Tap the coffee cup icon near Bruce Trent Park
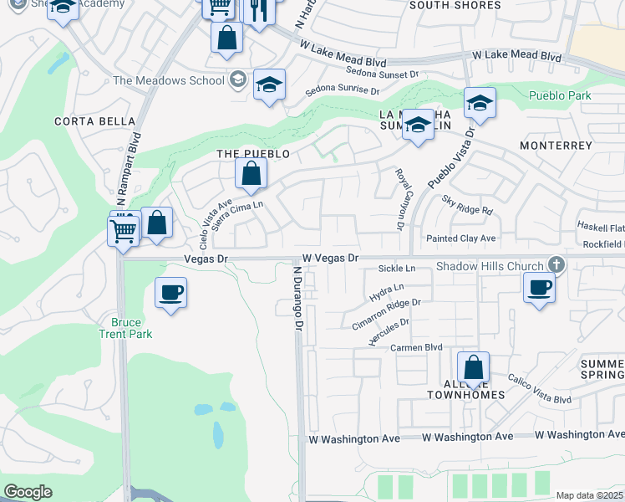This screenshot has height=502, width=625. click(x=170, y=293)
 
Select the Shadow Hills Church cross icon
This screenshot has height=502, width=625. click(x=553, y=265)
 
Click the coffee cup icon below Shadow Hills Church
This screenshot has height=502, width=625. click(x=539, y=288)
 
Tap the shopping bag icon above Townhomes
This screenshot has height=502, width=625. click(x=473, y=366)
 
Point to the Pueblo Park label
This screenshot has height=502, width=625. click(x=560, y=95)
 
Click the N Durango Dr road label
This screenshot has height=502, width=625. click(x=297, y=298)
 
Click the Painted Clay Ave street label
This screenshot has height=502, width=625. click(x=460, y=238)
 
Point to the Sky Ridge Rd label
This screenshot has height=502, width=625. click(x=468, y=206)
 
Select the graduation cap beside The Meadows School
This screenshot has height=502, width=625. click(x=269, y=85)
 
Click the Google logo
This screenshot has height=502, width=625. click(x=28, y=492)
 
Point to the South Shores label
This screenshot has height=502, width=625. click(x=455, y=6)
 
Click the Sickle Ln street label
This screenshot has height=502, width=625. click(x=397, y=269)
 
